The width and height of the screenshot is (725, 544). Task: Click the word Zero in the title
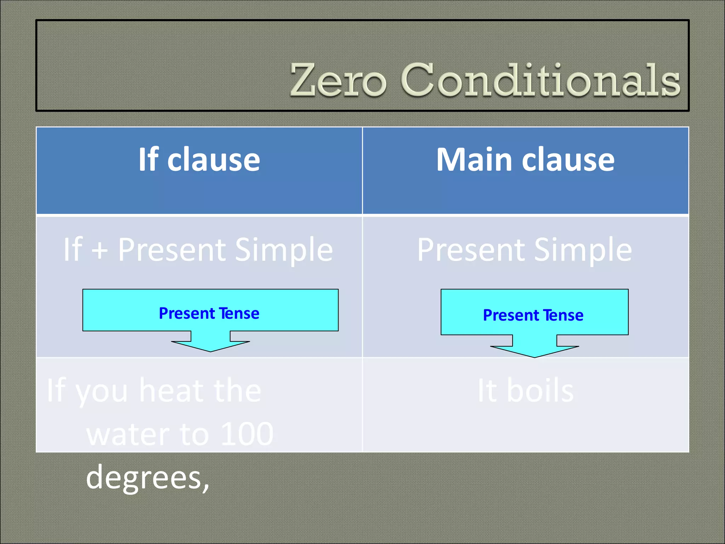[x=338, y=81]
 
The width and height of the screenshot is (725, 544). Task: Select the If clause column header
[x=199, y=160]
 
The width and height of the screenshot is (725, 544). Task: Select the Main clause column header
[x=525, y=160]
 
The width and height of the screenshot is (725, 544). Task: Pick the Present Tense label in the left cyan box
[x=209, y=313]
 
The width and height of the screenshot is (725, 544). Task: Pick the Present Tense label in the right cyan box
[x=533, y=315]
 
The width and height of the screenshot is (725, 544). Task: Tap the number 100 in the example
[x=247, y=434]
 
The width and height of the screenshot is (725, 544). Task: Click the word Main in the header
[x=474, y=160]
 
